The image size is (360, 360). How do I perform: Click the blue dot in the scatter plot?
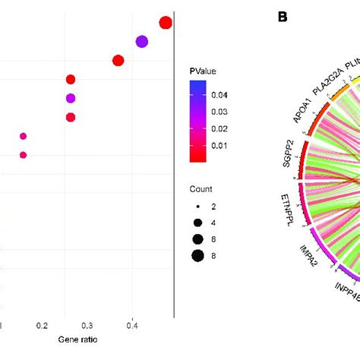point(142,42)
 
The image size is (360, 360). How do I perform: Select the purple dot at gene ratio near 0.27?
point(71,98)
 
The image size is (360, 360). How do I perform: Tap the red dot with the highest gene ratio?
point(166,23)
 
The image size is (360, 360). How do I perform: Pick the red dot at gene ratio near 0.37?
point(118,61)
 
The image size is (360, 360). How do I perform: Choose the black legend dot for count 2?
point(197,206)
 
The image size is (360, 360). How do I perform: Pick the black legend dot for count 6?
point(197,238)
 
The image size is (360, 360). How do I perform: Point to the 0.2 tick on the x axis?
point(42,324)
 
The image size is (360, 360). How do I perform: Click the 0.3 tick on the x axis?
point(87,324)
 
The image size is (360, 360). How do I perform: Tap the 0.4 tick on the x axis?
point(132,324)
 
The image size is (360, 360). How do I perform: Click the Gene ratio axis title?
point(77,339)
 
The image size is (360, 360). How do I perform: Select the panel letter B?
point(282,16)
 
